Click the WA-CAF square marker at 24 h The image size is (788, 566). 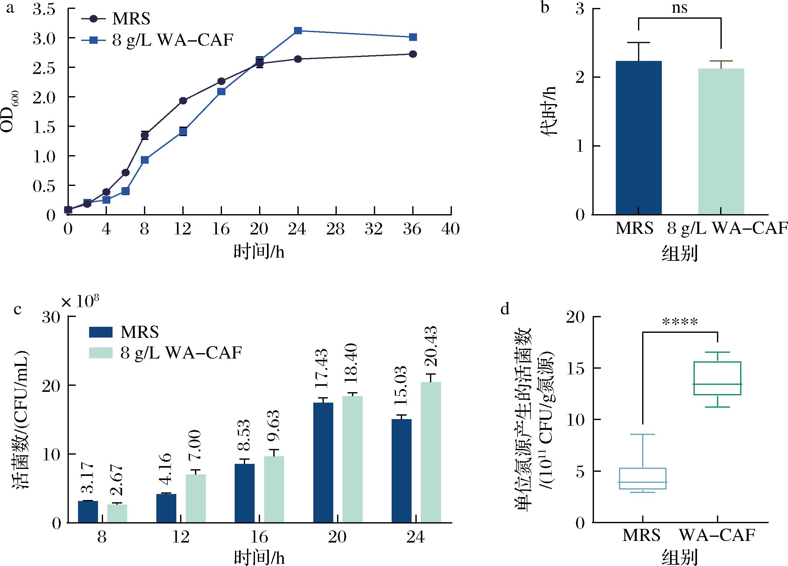pyautogui.click(x=298, y=30)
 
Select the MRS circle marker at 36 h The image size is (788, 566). pyautogui.click(x=413, y=54)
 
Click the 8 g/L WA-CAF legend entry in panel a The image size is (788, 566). pyautogui.click(x=172, y=40)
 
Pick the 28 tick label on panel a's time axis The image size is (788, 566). pyautogui.click(x=335, y=229)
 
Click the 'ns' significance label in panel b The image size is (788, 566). pyautogui.click(x=680, y=8)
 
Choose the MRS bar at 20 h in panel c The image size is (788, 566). pyautogui.click(x=323, y=462)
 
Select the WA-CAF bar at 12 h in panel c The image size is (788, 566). pyautogui.click(x=196, y=498)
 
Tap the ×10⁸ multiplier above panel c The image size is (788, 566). pyautogui.click(x=80, y=301)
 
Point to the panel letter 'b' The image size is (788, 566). pyautogui.click(x=545, y=8)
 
